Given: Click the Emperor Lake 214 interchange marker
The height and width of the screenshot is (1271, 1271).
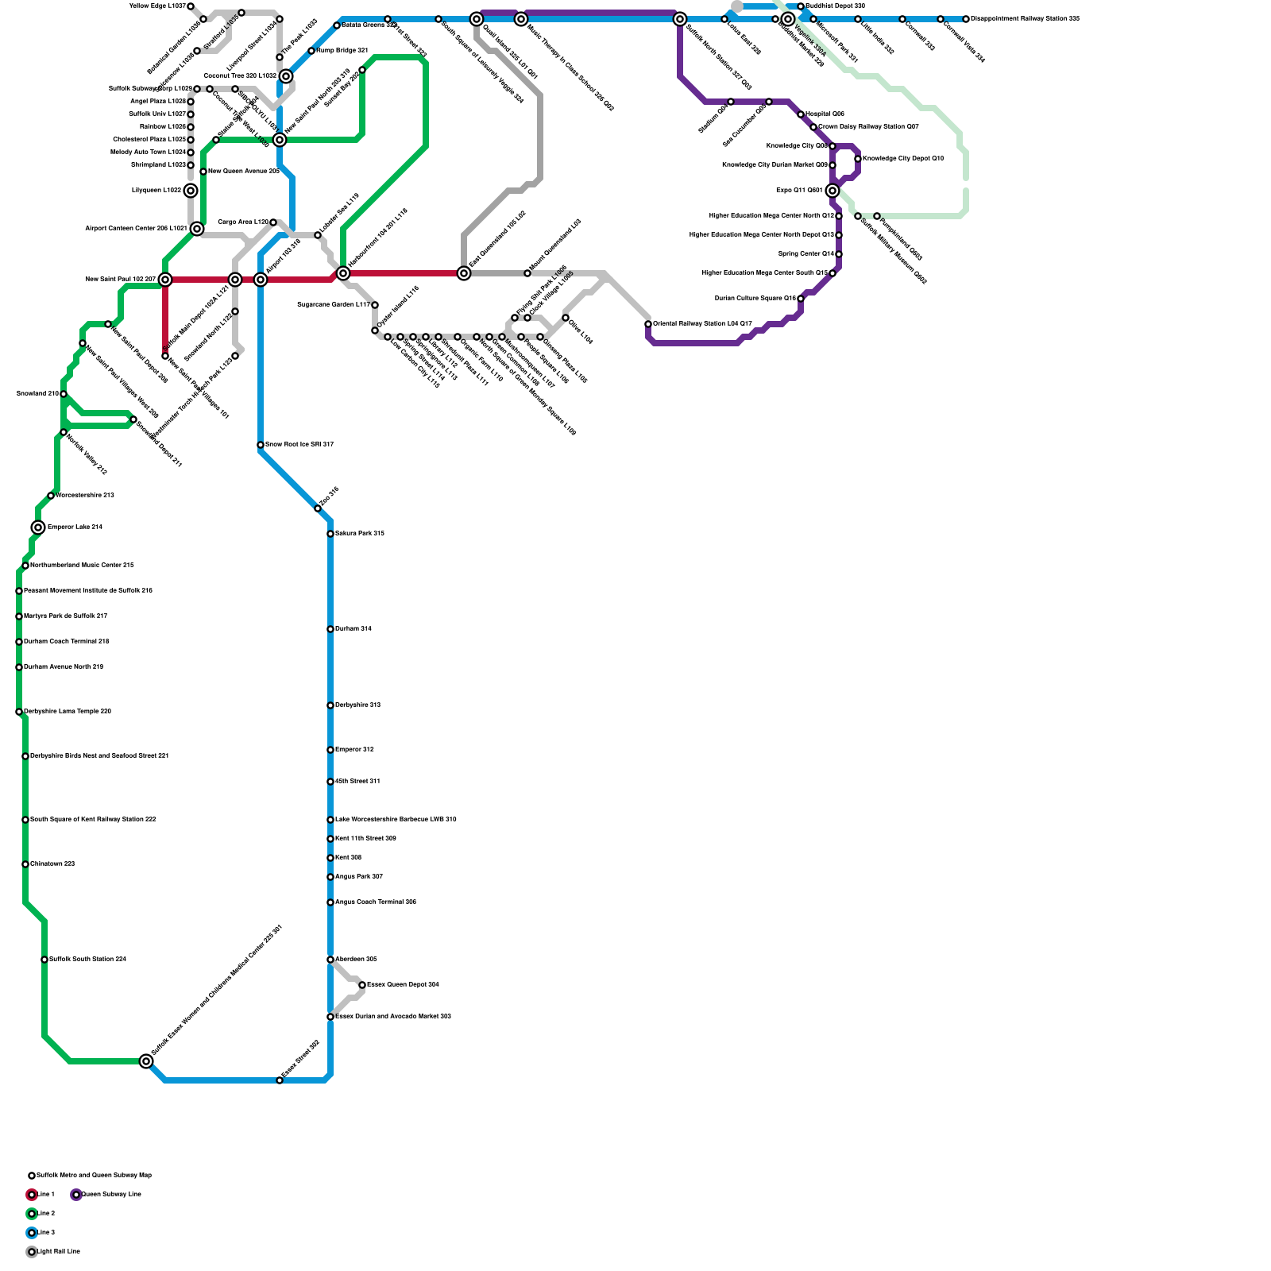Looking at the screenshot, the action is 38,527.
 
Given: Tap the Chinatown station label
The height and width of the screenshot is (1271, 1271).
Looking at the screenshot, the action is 52,863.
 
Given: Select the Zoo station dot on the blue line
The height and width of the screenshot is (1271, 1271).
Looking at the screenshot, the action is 318,508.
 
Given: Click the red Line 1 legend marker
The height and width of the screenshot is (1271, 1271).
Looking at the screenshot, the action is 32,1195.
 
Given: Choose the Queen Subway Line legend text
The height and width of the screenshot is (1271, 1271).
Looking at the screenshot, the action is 111,1194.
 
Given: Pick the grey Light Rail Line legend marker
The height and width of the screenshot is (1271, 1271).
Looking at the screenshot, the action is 32,1252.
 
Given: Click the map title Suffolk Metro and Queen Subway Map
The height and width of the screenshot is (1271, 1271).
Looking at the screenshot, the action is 94,1175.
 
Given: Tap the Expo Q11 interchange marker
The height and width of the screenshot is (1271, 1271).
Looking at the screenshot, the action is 833,191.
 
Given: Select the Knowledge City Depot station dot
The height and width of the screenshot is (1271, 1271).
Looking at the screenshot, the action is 858,159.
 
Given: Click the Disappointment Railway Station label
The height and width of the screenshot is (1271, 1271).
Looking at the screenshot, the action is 1025,18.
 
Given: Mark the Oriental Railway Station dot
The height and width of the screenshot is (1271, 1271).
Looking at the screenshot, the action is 648,324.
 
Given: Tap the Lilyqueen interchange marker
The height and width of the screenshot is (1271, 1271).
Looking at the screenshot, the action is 191,191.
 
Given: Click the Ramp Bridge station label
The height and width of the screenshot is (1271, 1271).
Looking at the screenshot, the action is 342,50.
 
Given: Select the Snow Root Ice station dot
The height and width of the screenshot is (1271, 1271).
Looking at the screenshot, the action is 261,445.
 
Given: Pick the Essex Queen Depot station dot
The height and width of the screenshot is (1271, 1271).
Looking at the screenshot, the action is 362,985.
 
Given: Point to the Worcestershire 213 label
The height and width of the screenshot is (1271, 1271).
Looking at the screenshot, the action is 85,495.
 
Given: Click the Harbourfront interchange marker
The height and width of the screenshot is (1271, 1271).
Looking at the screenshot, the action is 343,273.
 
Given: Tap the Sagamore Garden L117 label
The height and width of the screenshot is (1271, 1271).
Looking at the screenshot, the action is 333,304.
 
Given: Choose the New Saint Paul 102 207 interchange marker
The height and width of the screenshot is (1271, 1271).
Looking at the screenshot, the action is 165,280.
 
